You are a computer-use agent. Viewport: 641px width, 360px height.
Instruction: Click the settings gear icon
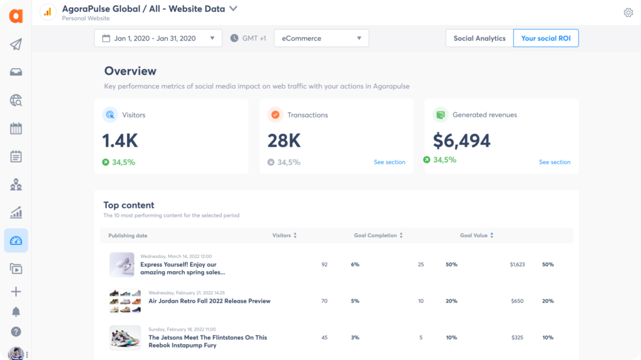tap(628, 13)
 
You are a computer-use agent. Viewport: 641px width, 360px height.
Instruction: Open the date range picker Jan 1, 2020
tap(158, 38)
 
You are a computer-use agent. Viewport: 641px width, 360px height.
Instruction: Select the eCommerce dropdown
tap(321, 38)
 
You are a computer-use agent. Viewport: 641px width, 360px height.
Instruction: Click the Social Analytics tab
tap(479, 38)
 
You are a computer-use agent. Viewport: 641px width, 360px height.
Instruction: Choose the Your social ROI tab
tap(546, 38)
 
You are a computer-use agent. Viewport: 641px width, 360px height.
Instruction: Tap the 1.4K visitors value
tap(120, 140)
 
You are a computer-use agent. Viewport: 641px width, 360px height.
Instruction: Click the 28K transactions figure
tap(285, 140)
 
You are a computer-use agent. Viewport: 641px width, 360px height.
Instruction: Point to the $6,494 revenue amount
tap(461, 140)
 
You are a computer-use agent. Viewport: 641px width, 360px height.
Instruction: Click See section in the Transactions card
tap(389, 162)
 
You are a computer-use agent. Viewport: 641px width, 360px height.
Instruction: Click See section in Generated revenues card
tap(555, 162)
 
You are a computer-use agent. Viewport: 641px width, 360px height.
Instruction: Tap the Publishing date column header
tap(128, 235)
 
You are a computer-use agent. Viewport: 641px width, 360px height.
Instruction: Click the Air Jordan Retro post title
tap(209, 301)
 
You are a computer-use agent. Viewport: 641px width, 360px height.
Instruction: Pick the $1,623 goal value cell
tap(517, 265)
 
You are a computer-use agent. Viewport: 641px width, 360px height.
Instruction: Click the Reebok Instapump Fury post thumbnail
tap(125, 337)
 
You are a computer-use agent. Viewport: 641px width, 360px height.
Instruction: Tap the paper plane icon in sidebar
tap(16, 44)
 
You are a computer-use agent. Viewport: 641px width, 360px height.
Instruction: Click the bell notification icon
tap(16, 312)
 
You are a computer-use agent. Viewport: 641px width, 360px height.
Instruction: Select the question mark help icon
tap(16, 332)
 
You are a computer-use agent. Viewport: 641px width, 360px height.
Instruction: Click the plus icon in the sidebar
tap(16, 292)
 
